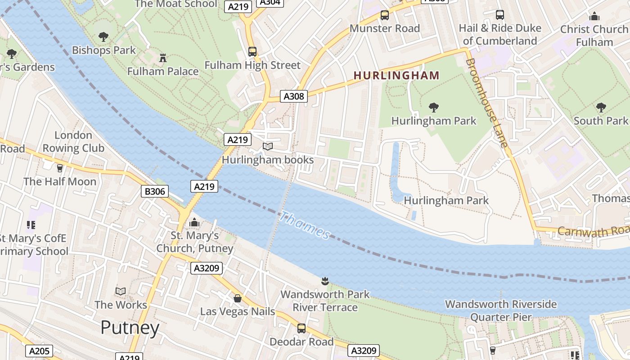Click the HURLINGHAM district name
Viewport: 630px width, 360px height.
coord(396,76)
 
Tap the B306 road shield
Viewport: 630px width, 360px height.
coord(154,191)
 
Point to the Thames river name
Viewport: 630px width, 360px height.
coord(305,226)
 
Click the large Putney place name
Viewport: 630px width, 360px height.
coord(130,328)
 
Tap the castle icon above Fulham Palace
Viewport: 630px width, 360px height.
coord(162,58)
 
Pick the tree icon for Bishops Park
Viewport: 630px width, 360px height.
coord(103,37)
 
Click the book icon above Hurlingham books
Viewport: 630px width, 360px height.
coord(268,146)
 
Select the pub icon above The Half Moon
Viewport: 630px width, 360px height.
coord(59,168)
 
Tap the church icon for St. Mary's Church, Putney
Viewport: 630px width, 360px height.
coord(194,222)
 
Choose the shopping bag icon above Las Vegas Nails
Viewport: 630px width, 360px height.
coord(237,298)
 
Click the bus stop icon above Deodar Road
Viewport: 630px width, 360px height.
coord(301,328)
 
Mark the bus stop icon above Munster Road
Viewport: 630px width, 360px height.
coord(385,15)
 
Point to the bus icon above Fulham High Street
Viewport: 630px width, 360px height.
coord(252,52)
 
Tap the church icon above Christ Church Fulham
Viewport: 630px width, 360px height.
coord(594,17)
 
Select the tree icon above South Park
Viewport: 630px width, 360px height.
coord(601,107)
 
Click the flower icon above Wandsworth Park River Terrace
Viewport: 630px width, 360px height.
coord(324,281)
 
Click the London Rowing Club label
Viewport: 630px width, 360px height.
coord(73,141)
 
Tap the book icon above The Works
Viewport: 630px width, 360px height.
coord(121,291)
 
